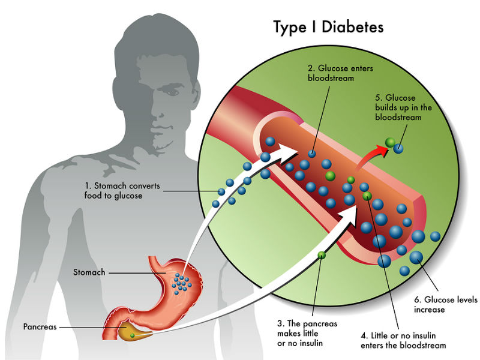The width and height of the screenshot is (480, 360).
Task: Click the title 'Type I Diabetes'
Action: point(328,27)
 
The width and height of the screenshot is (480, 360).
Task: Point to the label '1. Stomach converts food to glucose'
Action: point(122,191)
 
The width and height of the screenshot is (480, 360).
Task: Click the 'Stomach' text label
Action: point(89,272)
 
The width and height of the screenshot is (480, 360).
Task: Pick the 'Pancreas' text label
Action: point(41,327)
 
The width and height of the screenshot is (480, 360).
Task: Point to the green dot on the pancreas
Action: point(133,335)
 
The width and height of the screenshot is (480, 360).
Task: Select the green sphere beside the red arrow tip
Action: point(389,142)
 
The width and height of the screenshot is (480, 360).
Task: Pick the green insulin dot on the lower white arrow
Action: point(322,255)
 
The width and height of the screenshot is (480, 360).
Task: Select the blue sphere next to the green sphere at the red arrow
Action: point(398,146)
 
